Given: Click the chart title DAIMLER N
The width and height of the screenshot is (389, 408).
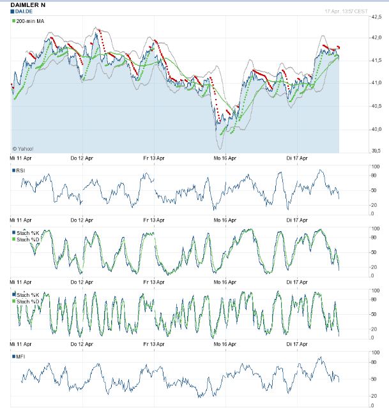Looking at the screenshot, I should click(29, 4).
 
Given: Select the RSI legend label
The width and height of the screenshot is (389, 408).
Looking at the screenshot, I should click(22, 170).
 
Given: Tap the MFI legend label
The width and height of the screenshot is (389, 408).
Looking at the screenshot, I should click(22, 356).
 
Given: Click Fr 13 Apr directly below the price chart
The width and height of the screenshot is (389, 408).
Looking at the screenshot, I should click(154, 158).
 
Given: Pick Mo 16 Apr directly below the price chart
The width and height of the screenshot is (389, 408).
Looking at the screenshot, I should click(225, 158).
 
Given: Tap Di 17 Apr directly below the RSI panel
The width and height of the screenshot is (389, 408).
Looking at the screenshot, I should click(298, 220).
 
